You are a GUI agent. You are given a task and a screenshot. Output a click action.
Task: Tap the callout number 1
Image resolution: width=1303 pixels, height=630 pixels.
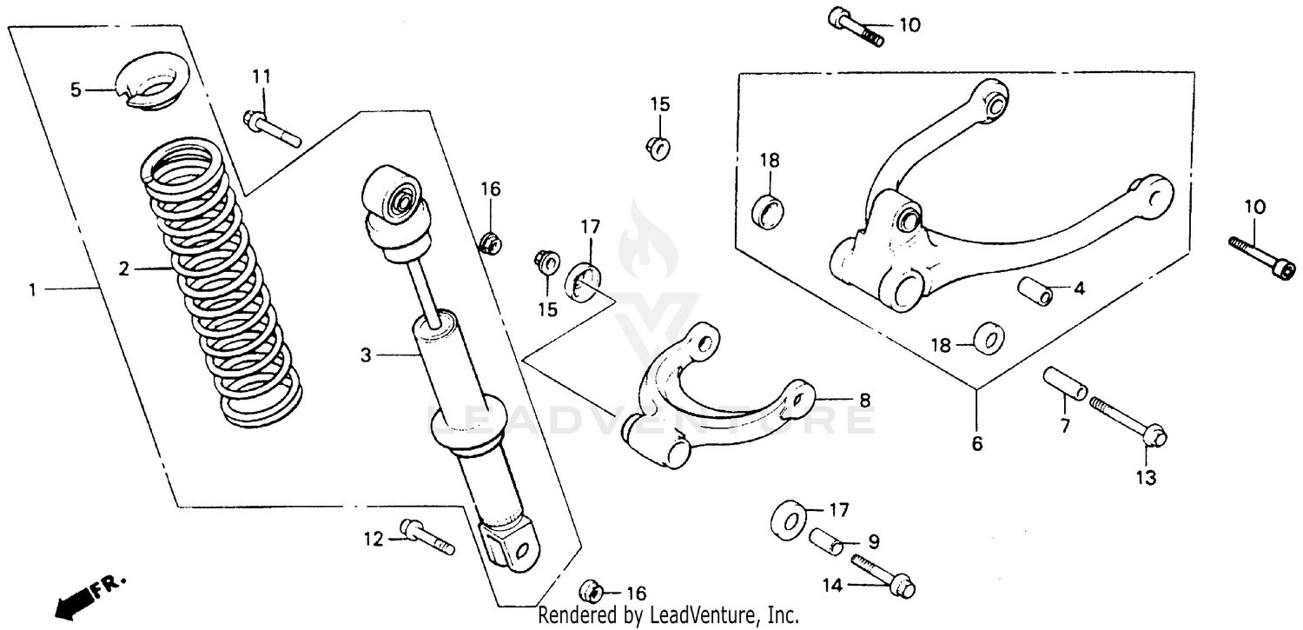tap(33, 290)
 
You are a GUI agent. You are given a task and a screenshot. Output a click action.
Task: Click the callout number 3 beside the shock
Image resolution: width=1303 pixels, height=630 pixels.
tap(366, 355)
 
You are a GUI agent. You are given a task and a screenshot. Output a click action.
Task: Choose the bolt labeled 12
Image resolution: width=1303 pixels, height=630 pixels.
tap(427, 535)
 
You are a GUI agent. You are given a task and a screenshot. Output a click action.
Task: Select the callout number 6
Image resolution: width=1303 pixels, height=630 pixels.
tap(976, 444)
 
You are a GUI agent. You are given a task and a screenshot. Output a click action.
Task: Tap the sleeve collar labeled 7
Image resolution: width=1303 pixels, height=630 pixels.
tap(1064, 383)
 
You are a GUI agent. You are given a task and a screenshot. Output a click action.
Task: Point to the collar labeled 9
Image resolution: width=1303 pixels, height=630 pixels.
tap(829, 540)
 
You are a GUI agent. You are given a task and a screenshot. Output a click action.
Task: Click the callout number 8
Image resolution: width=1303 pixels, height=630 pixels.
tap(864, 401)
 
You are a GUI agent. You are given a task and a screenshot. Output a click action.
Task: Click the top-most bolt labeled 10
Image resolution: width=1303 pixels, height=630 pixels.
tap(856, 27)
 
